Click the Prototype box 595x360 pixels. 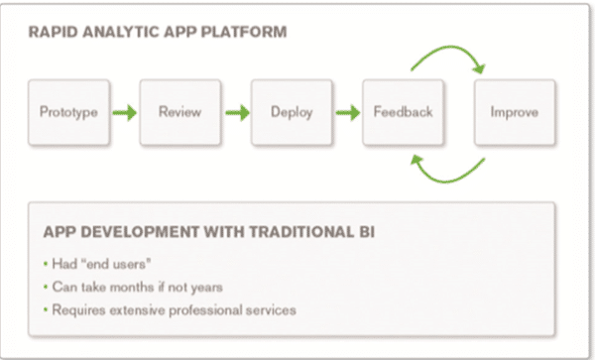(x=68, y=112)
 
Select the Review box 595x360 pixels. (x=179, y=112)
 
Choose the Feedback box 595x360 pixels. (x=403, y=112)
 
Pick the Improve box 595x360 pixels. (x=514, y=112)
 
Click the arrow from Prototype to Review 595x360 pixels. (x=124, y=112)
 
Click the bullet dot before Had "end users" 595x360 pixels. (x=47, y=265)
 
